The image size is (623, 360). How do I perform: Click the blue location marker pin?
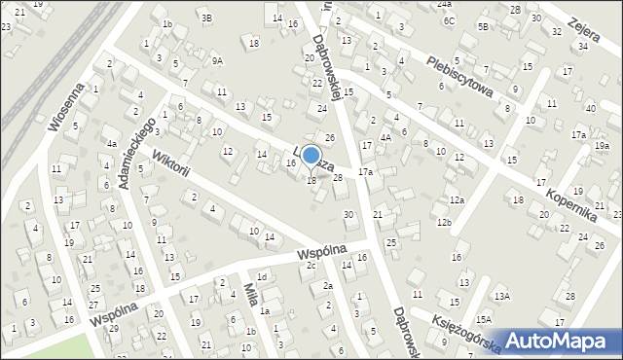point(311,157)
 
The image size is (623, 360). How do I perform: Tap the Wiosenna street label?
point(70,105)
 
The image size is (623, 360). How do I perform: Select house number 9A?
point(217,60)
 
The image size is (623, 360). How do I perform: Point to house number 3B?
point(205,18)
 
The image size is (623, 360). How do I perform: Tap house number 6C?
point(448,20)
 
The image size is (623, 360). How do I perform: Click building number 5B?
point(483,27)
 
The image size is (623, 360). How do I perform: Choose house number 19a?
point(602,146)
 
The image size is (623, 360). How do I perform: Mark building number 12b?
point(443,223)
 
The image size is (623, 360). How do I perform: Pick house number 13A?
point(501,296)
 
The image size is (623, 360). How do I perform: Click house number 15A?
point(484,319)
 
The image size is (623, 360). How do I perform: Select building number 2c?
point(311,266)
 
